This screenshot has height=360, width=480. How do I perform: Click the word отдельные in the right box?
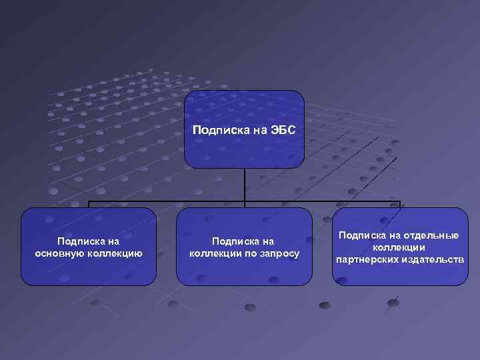tap(433, 235)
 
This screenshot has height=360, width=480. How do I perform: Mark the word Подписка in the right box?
tap(360, 235)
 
